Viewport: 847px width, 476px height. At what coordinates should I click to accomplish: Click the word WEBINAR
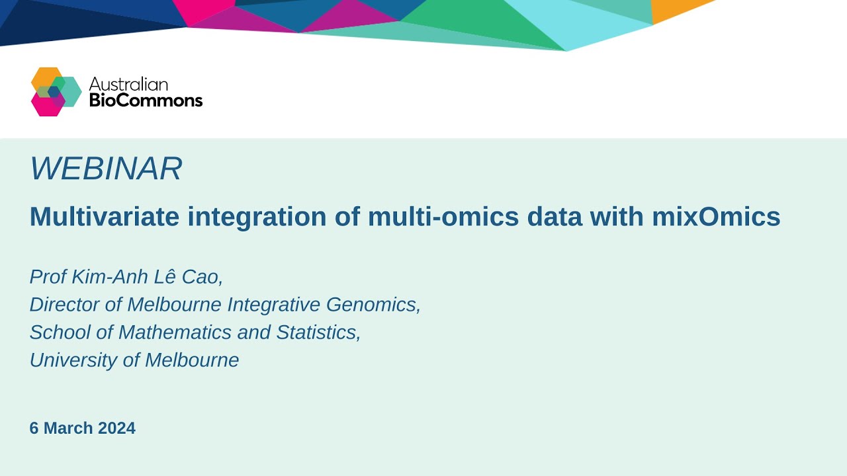(x=106, y=169)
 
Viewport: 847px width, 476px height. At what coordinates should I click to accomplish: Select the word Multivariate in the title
(x=105, y=217)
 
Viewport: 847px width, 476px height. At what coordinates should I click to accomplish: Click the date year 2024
(x=116, y=428)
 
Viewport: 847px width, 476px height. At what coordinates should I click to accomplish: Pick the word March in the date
(x=69, y=428)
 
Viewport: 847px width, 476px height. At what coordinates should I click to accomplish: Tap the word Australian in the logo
(x=128, y=84)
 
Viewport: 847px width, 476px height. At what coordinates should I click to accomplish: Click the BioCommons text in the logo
(x=146, y=100)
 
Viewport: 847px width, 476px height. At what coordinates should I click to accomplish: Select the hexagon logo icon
(x=56, y=92)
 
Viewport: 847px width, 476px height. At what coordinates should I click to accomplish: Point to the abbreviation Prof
(x=44, y=277)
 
